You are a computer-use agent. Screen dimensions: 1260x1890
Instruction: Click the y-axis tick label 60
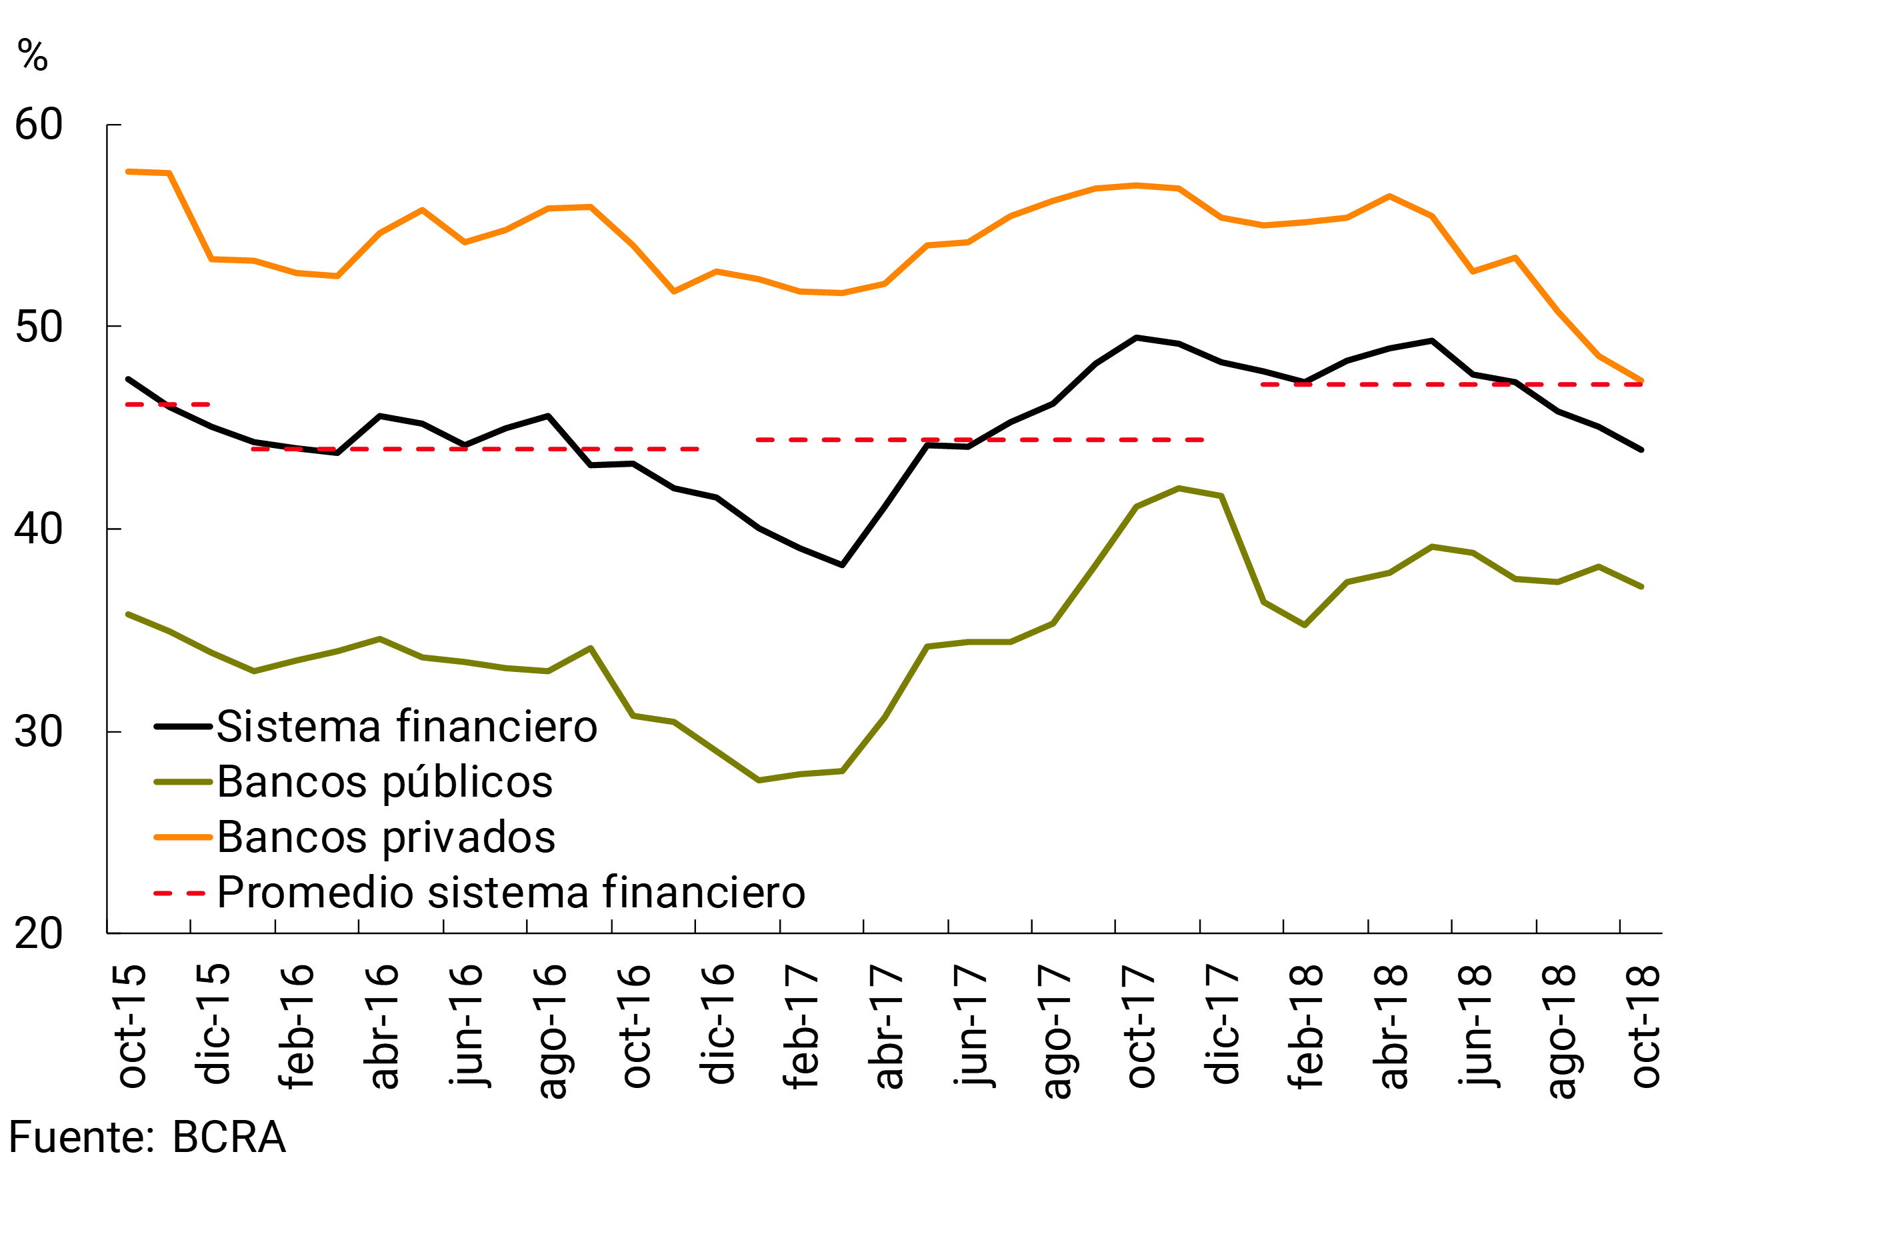[x=39, y=125]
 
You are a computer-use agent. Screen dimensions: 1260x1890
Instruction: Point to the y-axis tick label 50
[x=39, y=328]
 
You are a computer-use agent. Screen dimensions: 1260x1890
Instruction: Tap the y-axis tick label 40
[x=39, y=529]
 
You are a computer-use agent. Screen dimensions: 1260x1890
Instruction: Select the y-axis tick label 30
[x=39, y=732]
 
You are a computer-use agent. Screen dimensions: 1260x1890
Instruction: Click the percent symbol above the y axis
[x=32, y=56]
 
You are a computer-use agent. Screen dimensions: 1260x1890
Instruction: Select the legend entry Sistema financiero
[x=407, y=727]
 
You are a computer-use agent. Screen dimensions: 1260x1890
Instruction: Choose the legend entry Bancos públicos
[x=384, y=783]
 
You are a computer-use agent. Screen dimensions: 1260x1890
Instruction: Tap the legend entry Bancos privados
[x=386, y=837]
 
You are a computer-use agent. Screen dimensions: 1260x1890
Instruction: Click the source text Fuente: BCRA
[x=147, y=1138]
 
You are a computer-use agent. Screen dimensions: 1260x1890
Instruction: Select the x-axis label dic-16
[x=717, y=1024]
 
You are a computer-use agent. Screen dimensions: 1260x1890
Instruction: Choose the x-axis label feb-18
[x=1306, y=1027]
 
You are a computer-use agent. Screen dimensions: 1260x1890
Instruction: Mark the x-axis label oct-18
[x=1643, y=1027]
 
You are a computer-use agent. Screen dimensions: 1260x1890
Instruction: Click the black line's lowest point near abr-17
[x=842, y=565]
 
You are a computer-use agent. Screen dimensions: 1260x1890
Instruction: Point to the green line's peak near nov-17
[x=1179, y=489]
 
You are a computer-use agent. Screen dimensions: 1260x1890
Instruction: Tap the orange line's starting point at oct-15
[x=129, y=171]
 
